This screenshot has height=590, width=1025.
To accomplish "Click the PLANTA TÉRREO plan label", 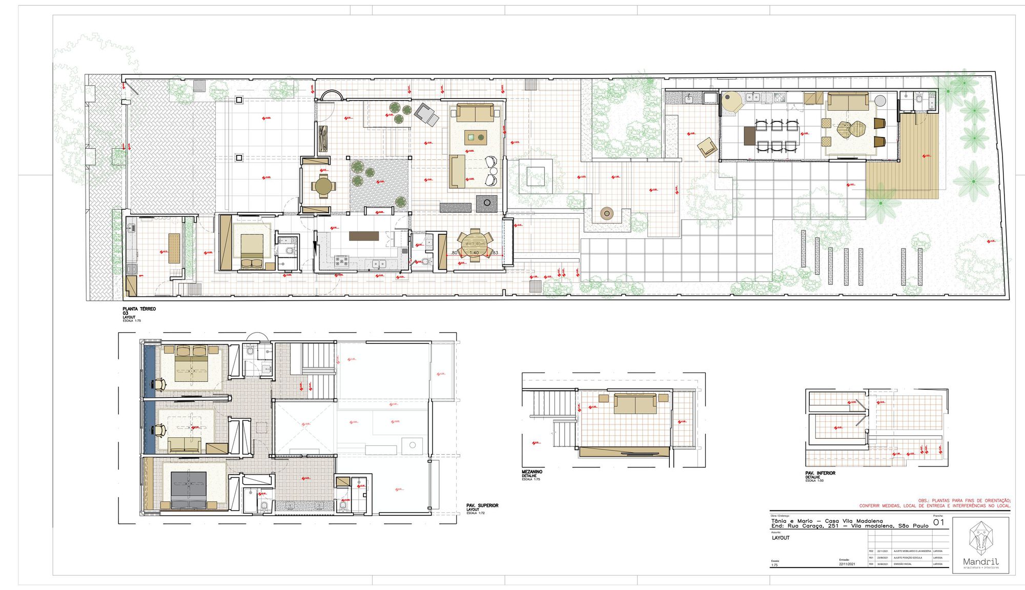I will pyautogui.click(x=139, y=309).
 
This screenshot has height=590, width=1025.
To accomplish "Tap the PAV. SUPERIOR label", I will pyautogui.click(x=482, y=505).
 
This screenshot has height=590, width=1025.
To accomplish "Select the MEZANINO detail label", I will pyautogui.click(x=532, y=472).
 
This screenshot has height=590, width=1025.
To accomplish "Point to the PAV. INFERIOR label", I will pyautogui.click(x=820, y=473).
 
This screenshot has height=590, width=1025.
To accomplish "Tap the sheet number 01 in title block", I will pyautogui.click(x=938, y=522).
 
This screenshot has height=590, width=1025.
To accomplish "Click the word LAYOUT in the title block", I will pyautogui.click(x=781, y=538).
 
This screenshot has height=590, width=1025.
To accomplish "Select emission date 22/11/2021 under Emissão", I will pyautogui.click(x=847, y=564).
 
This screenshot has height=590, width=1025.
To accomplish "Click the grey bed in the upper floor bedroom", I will pyautogui.click(x=189, y=486).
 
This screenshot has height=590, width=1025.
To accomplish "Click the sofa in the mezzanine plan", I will pyautogui.click(x=635, y=403).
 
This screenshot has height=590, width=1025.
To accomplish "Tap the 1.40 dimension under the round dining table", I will pyautogui.click(x=474, y=253).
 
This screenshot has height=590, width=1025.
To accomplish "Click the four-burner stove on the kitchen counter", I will pyautogui.click(x=342, y=260).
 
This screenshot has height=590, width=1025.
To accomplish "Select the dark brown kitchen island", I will pyautogui.click(x=364, y=236).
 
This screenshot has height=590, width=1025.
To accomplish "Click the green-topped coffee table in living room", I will pyautogui.click(x=476, y=137).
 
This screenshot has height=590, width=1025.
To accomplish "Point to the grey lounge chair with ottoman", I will pyautogui.click(x=426, y=113).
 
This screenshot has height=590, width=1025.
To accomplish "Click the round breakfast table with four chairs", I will pyautogui.click(x=323, y=186).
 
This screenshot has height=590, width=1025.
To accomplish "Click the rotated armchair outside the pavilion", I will pyautogui.click(x=707, y=147).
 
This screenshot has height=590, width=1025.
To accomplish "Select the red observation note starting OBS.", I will pyautogui.click(x=935, y=503).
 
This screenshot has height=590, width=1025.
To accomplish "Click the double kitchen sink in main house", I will pyautogui.click(x=379, y=264).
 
